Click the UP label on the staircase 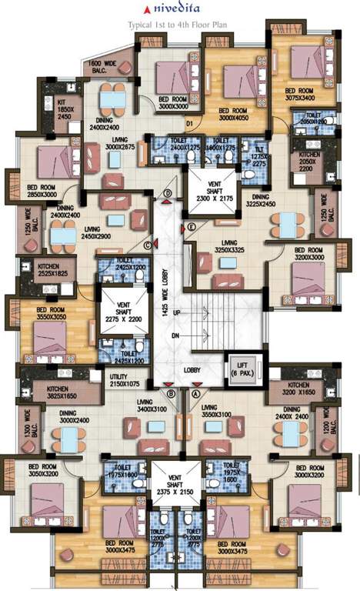click(x=176, y=314)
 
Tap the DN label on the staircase click(x=176, y=336)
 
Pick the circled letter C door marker click(x=147, y=246)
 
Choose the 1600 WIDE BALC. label click(x=105, y=66)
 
